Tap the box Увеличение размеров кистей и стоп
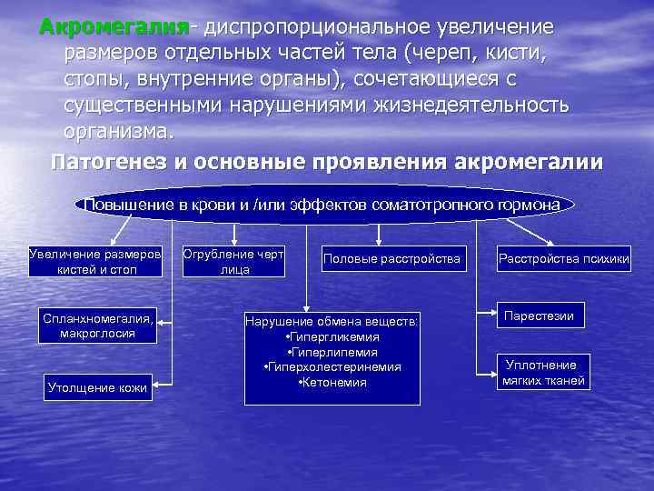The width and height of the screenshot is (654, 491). click(95, 259)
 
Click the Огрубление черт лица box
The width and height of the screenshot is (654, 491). click(233, 260)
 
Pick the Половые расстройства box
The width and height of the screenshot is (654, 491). click(391, 259)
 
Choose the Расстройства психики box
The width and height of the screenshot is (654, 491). click(550, 259)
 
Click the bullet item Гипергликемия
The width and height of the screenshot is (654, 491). click(332, 336)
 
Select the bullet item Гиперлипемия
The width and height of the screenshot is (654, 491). click(332, 352)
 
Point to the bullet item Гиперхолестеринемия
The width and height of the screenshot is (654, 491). click(332, 366)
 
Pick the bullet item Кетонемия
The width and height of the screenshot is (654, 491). click(332, 382)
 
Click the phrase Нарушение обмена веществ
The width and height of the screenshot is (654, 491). click(332, 321)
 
